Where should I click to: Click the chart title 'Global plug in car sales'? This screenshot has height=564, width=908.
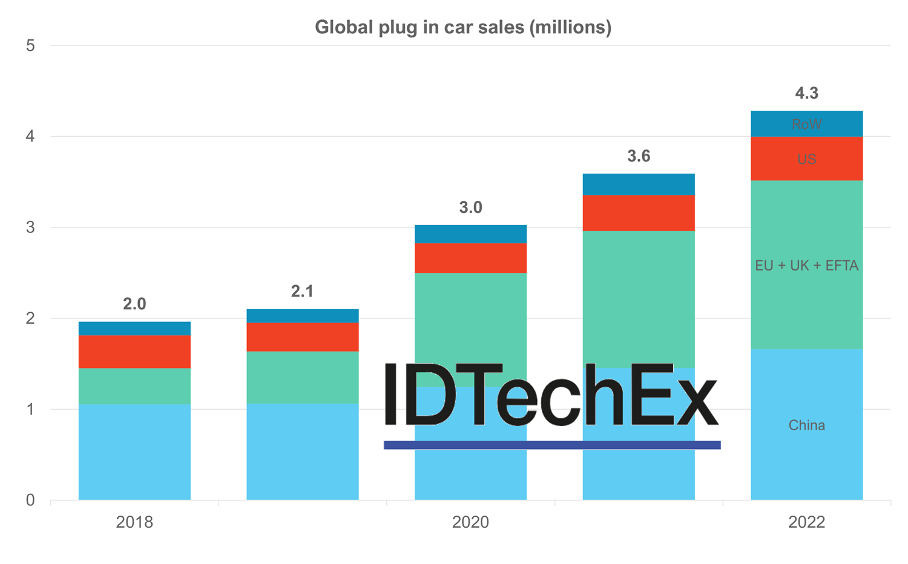click(463, 27)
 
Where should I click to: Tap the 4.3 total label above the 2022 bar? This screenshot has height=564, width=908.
click(806, 93)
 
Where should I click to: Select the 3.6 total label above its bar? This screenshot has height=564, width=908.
click(639, 156)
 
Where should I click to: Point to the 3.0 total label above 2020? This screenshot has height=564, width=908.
click(470, 208)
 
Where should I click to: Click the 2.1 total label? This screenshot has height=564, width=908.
click(302, 292)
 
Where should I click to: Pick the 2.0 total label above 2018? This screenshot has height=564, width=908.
click(134, 304)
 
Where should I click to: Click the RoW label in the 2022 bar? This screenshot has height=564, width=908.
click(806, 124)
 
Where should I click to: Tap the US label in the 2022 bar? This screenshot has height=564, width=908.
click(806, 159)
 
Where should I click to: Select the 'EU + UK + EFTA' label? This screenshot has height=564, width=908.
click(806, 266)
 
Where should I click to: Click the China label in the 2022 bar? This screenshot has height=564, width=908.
click(806, 425)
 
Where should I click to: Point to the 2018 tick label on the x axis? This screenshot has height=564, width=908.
click(134, 522)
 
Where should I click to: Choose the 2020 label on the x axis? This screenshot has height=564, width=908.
click(470, 522)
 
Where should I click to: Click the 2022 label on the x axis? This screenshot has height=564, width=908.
click(806, 522)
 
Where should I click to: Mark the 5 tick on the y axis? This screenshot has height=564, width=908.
click(30, 46)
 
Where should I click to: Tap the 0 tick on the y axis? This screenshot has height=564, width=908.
click(30, 500)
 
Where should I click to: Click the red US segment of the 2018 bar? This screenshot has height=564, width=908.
click(134, 352)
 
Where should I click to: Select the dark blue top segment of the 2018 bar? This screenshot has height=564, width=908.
click(134, 329)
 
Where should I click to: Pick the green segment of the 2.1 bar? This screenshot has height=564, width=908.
click(302, 378)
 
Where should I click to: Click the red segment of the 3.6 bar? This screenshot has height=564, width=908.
click(639, 213)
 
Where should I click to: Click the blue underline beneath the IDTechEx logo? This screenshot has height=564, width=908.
click(552, 445)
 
